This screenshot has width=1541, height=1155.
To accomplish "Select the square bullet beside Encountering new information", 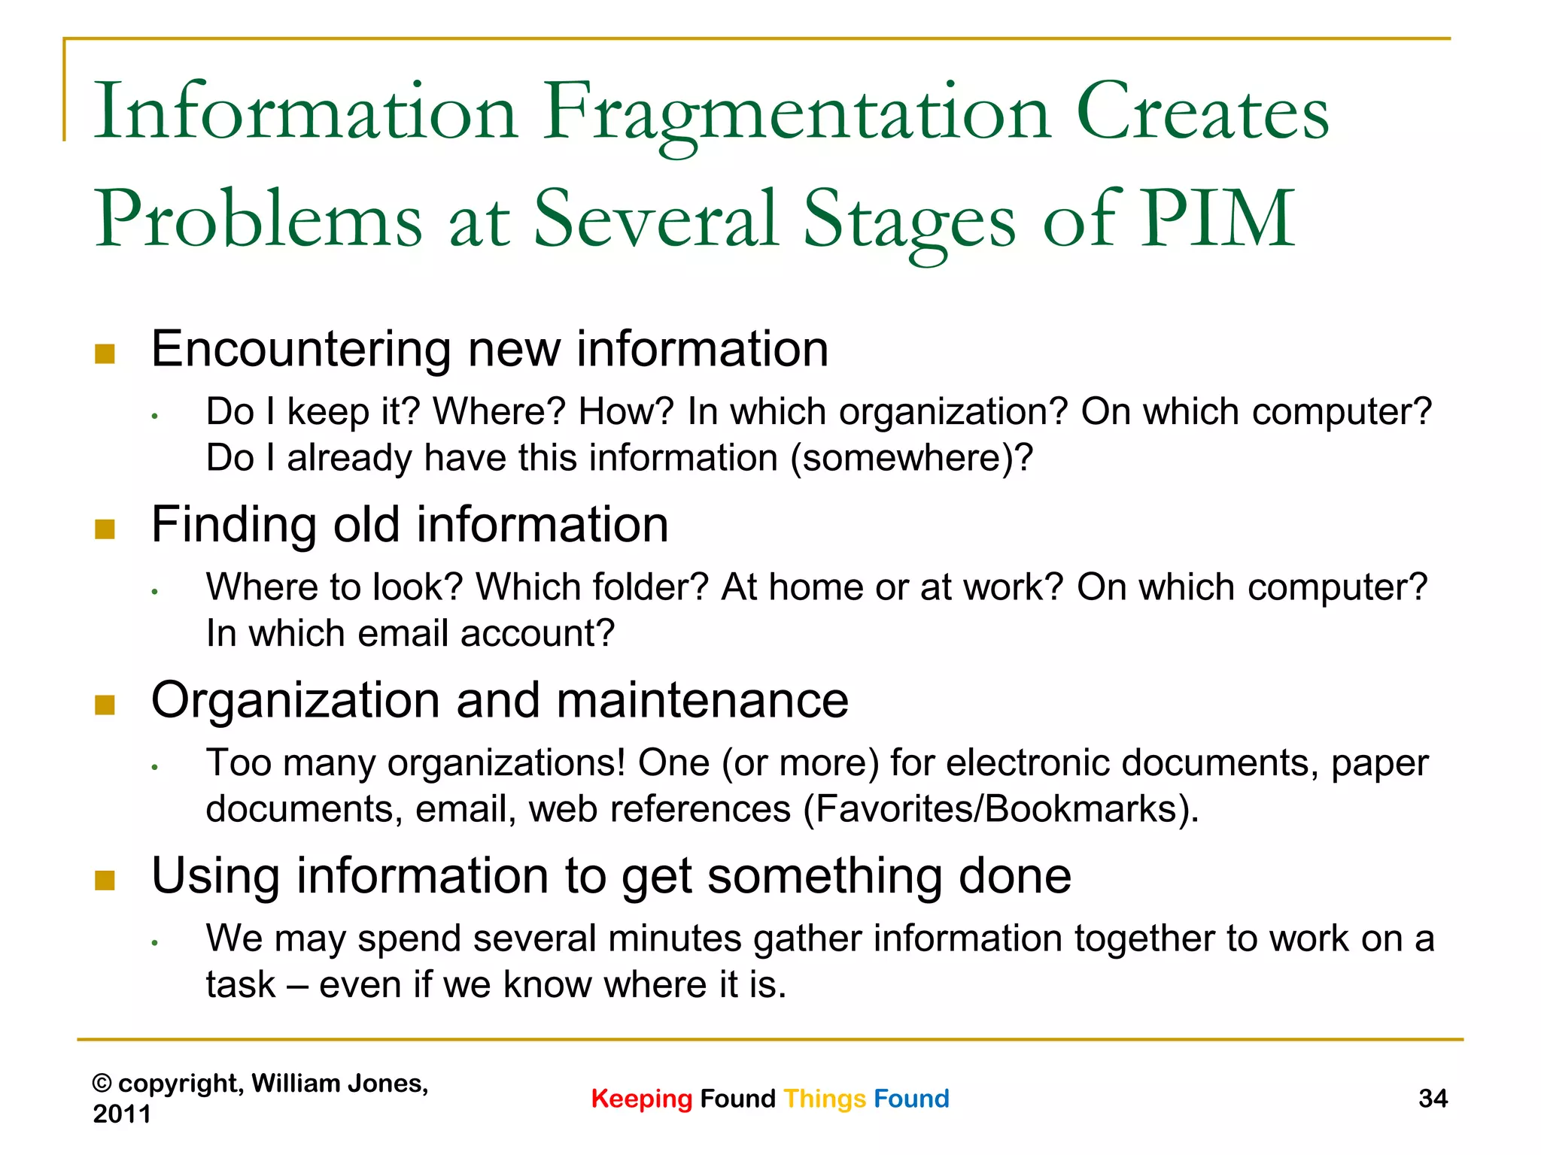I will (x=105, y=353).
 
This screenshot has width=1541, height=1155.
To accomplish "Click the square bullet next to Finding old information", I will (x=105, y=529).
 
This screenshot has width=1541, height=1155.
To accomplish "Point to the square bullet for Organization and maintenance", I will (x=105, y=705).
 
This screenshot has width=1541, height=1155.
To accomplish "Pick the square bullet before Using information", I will (x=105, y=880).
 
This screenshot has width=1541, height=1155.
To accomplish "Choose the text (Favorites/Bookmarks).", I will (x=1001, y=809).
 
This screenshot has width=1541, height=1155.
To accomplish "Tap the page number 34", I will (x=1433, y=1099).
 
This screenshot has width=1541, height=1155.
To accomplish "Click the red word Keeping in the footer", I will (x=641, y=1099).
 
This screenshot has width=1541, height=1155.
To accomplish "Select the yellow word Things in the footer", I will (x=825, y=1099).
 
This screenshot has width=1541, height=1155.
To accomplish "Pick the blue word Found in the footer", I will (x=911, y=1099).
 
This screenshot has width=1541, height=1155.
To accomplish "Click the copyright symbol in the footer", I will (x=102, y=1084).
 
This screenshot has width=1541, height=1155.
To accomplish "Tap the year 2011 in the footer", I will (x=122, y=1114).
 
